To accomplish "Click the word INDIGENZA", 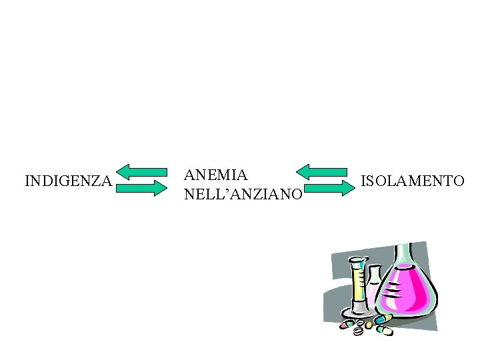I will point(68,181).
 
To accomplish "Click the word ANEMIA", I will point(216,175).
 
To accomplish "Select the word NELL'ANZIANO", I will point(243,195).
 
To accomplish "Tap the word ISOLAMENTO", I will point(412,181).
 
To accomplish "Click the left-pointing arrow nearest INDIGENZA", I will point(141,172).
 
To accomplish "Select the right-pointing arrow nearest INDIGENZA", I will point(141,189).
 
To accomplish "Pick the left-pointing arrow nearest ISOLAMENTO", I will point(321,171).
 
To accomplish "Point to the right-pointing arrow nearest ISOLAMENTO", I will point(329,189).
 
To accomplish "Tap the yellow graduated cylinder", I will point(359,283).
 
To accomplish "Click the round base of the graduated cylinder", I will point(359,311).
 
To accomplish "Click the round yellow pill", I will point(368,325).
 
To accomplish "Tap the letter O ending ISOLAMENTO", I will point(458,181).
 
